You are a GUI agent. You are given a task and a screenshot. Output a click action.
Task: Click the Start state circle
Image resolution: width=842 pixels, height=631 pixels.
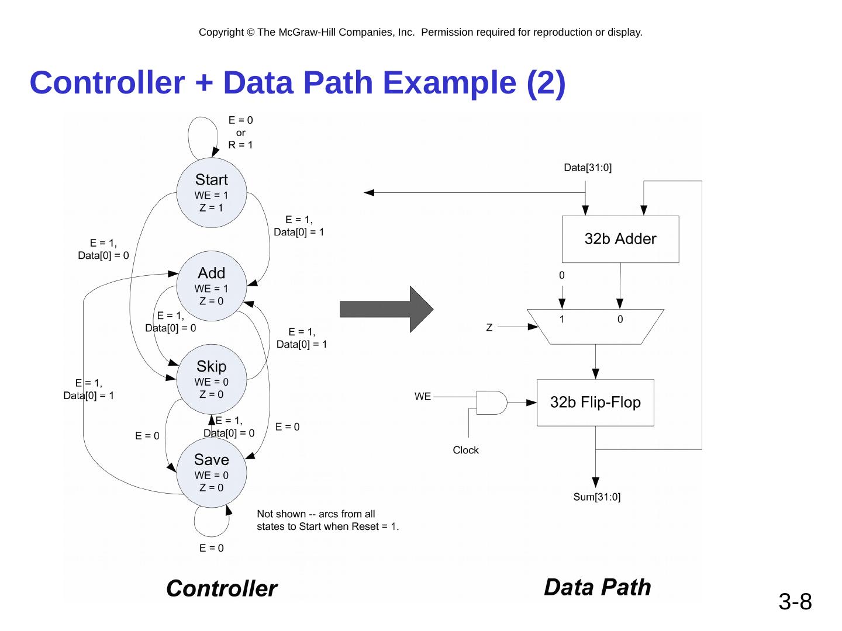(x=211, y=193)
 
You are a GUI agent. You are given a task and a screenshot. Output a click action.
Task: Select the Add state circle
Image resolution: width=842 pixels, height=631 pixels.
(x=211, y=286)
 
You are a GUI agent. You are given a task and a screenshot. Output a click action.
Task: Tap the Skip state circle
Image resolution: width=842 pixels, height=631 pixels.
(x=211, y=380)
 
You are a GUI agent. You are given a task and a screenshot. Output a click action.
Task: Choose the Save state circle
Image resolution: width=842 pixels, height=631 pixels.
(x=211, y=473)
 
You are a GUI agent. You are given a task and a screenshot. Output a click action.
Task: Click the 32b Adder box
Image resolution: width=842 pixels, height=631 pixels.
(x=620, y=239)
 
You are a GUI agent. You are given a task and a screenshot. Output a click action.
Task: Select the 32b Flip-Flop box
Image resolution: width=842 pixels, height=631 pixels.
(x=595, y=403)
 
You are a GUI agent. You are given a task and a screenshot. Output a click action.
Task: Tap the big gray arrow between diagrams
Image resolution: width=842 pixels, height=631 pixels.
(x=387, y=309)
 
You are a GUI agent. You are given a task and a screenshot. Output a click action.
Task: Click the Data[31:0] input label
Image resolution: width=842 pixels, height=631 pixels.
(x=587, y=168)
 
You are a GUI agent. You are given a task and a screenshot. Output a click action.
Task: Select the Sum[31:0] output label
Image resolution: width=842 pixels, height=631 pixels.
(x=596, y=497)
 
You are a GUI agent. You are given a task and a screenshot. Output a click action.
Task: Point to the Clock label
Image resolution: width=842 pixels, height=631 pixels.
(x=465, y=450)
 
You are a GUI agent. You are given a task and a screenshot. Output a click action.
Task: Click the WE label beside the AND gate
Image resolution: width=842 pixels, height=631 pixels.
(x=423, y=397)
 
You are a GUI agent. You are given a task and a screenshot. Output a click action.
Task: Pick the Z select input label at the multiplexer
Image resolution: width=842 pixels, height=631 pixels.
(x=489, y=328)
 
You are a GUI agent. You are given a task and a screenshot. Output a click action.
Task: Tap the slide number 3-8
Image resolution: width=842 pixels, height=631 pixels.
(x=795, y=601)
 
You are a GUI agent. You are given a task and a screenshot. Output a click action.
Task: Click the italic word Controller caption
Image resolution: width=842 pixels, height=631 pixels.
(x=222, y=588)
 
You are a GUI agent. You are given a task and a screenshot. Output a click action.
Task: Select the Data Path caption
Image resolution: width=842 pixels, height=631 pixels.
(x=597, y=587)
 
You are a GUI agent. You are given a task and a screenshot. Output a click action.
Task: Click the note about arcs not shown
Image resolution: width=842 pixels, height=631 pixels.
(x=327, y=520)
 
